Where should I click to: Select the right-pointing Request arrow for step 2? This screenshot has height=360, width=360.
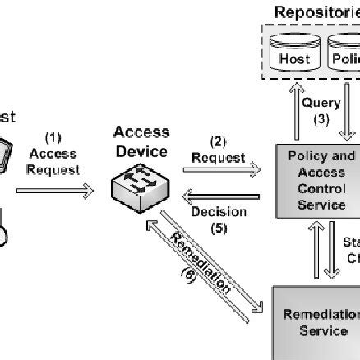pos(220,170)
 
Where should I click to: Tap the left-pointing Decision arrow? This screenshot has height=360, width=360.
pos(220,195)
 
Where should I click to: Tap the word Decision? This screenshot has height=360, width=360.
pos(219,211)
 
